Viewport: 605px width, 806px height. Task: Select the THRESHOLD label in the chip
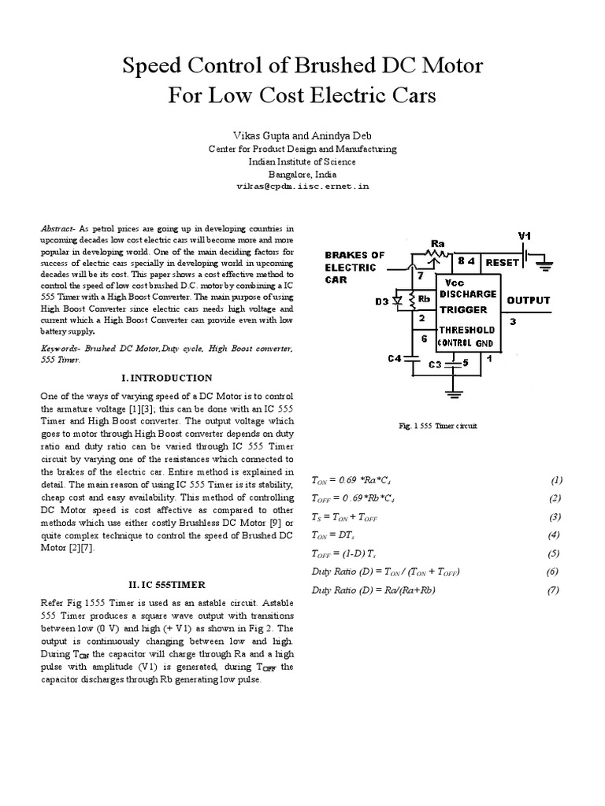pos(468,331)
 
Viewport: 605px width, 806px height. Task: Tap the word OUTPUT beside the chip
pos(528,301)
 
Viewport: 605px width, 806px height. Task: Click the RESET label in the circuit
pos(502,261)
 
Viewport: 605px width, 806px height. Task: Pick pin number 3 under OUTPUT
pos(513,321)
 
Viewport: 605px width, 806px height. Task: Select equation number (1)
pos(556,479)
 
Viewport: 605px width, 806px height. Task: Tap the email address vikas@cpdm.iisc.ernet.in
pos(302,188)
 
